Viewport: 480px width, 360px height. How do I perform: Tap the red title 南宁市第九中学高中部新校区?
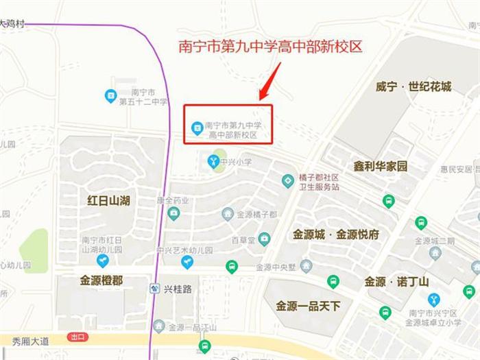click(x=269, y=47)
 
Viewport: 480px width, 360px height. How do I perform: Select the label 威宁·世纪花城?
click(x=413, y=87)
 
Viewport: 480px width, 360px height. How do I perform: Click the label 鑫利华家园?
click(x=381, y=167)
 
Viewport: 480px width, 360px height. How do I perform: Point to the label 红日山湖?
click(x=109, y=200)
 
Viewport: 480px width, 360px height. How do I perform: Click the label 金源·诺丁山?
click(x=396, y=282)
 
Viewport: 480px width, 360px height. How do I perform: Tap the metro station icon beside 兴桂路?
click(x=154, y=289)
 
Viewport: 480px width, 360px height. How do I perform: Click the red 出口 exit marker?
click(x=77, y=337)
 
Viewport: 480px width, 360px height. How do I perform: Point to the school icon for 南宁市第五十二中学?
click(x=110, y=97)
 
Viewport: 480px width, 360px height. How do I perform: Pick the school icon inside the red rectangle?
click(x=197, y=126)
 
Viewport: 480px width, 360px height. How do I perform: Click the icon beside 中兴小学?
click(x=214, y=161)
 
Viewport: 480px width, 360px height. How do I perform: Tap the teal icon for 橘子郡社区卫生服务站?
click(x=288, y=181)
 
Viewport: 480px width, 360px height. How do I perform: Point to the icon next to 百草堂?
click(x=264, y=239)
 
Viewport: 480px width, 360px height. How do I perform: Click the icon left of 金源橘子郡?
click(x=228, y=214)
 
